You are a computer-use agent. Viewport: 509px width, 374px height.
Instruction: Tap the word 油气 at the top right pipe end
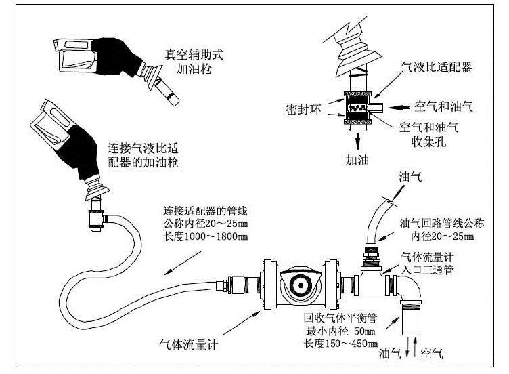[411, 177]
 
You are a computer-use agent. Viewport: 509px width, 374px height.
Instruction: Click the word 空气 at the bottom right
[431, 352]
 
